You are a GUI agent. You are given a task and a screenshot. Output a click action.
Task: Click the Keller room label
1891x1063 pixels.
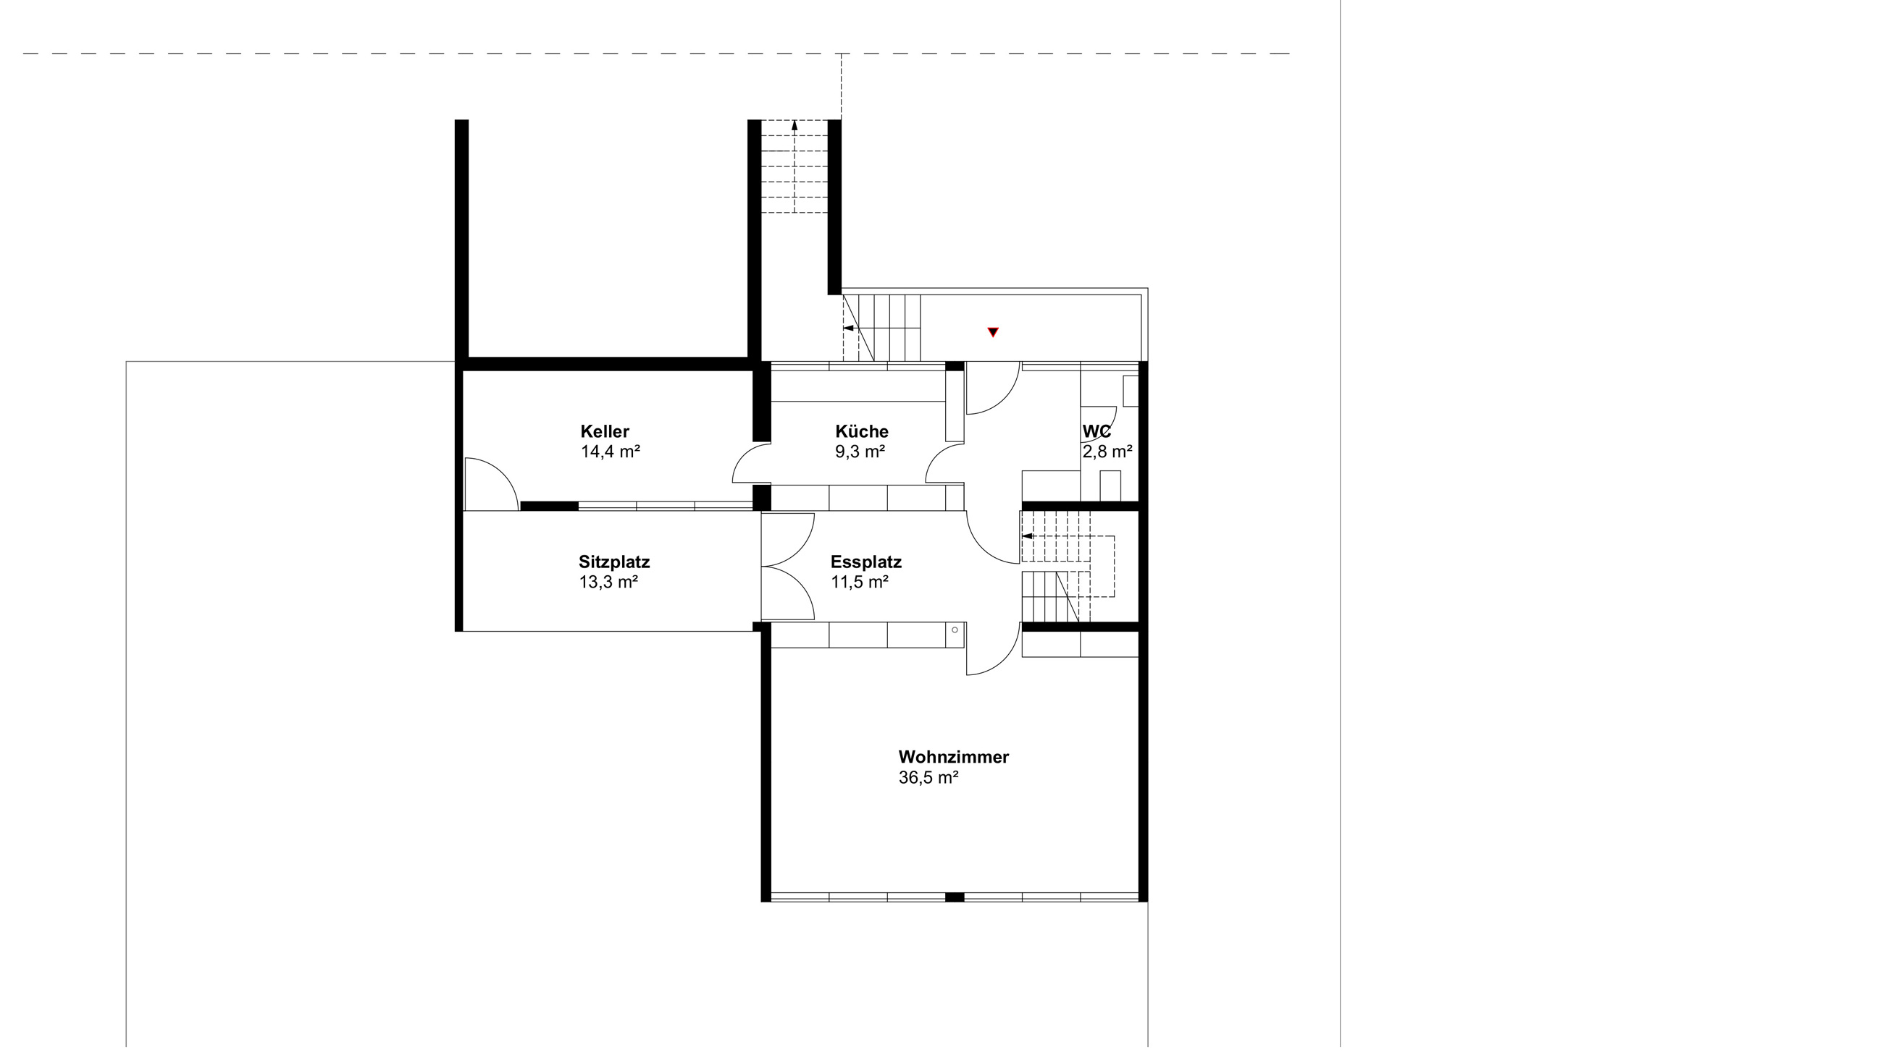(605, 431)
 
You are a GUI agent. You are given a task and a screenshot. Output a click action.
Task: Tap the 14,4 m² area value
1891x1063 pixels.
(610, 451)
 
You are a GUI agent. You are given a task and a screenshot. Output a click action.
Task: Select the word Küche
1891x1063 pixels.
(862, 431)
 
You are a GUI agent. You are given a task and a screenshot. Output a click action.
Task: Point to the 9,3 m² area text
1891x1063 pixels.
(860, 451)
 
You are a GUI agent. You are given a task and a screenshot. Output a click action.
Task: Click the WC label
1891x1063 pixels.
(1097, 431)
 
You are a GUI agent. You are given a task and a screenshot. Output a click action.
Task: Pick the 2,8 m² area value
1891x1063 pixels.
(1107, 451)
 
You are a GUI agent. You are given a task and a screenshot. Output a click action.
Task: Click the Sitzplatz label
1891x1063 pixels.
(614, 562)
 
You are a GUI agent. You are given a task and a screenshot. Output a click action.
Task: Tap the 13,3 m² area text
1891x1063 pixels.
(608, 582)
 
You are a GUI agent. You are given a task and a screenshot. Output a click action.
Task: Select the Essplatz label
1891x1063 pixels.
(866, 562)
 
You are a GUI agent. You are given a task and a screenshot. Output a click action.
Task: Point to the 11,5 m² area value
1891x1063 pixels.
(860, 582)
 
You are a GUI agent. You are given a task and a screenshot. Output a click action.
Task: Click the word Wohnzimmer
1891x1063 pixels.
(954, 756)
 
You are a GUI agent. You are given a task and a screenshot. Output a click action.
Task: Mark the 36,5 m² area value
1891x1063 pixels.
(928, 777)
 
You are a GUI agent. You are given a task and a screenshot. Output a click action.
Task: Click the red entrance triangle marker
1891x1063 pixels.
(993, 332)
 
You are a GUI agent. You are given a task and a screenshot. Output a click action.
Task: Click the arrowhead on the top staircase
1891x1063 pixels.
(794, 125)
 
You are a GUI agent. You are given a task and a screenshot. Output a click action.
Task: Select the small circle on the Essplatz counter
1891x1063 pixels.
(955, 630)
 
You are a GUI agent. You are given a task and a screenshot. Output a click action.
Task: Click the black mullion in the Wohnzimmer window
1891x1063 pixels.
(955, 897)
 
